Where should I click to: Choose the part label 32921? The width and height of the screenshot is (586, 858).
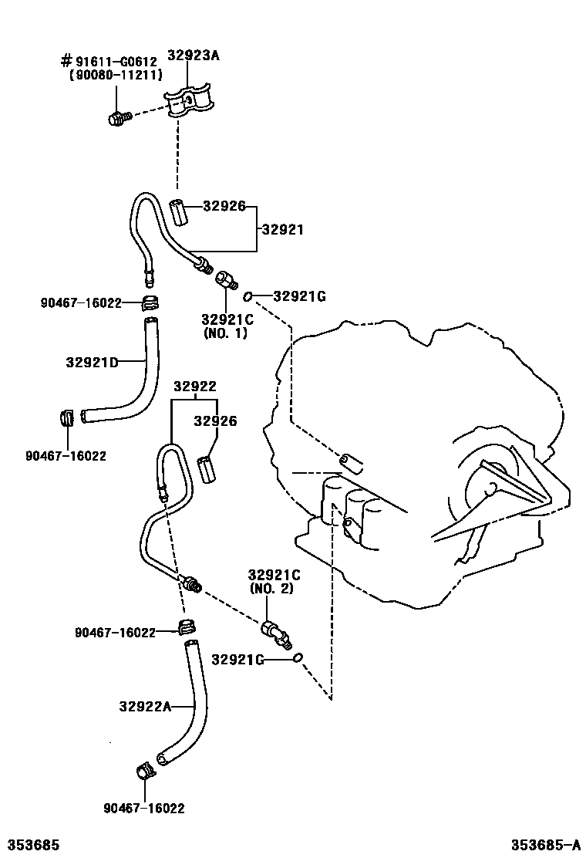click(282, 229)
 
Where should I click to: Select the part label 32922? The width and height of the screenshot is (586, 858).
click(194, 387)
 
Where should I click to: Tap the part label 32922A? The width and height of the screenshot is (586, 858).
click(144, 705)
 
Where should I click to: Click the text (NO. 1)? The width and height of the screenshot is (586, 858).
click(226, 333)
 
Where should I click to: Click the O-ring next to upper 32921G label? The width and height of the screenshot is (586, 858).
click(248, 296)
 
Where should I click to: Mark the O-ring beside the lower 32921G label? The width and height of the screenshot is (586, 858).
click(298, 658)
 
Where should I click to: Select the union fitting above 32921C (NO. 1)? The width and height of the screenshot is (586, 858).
click(225, 279)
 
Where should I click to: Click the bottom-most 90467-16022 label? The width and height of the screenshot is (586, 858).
click(143, 808)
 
